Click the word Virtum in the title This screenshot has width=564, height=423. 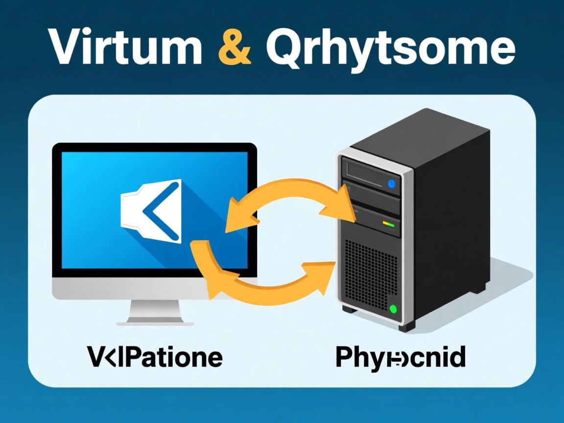125,47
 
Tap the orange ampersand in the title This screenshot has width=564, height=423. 234,47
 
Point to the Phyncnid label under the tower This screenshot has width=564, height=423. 400,357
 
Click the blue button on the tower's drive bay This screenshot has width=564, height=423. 391,184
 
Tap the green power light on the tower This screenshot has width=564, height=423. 393,308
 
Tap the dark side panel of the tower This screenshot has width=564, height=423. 450,220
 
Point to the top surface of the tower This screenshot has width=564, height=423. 416,132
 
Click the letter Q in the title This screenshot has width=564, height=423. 285,48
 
